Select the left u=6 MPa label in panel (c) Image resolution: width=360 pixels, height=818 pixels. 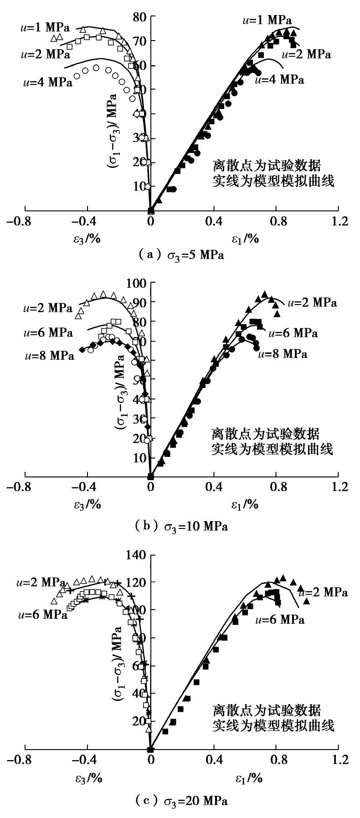click(43, 615)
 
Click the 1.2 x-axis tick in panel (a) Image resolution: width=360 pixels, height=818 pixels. click(338, 222)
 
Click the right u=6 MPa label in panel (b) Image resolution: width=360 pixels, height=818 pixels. click(293, 333)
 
